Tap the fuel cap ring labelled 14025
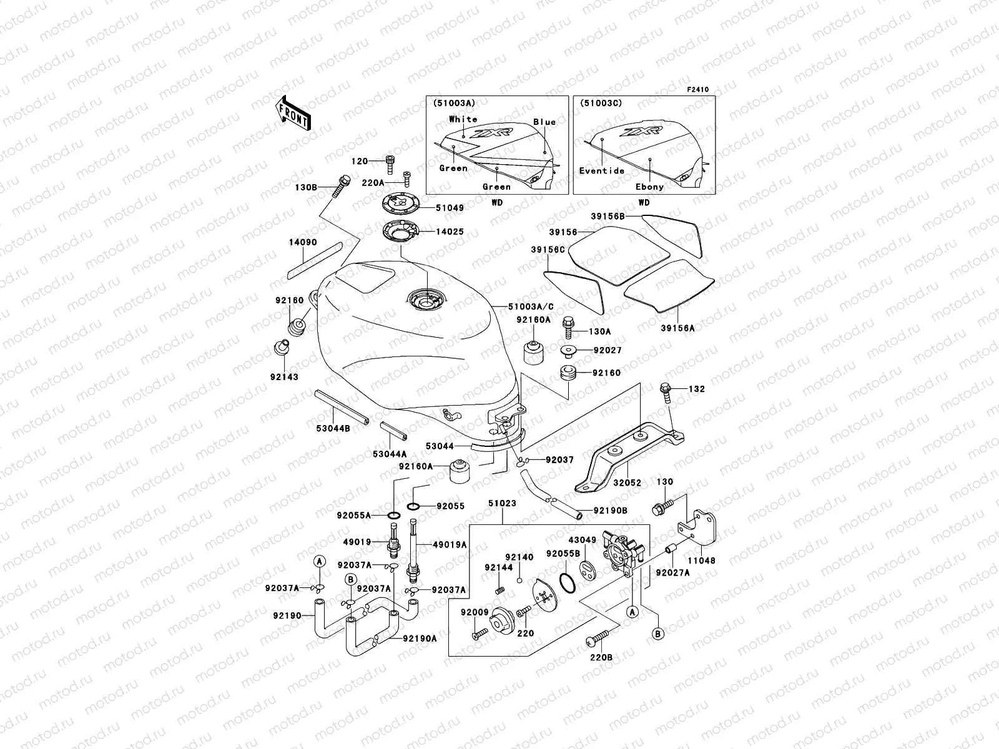point(399,232)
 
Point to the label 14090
point(303,242)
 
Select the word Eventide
point(601,170)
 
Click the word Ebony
point(649,187)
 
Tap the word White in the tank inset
point(463,119)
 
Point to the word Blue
point(544,122)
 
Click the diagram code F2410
point(698,90)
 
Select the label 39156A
point(677,328)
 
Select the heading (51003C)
point(601,102)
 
